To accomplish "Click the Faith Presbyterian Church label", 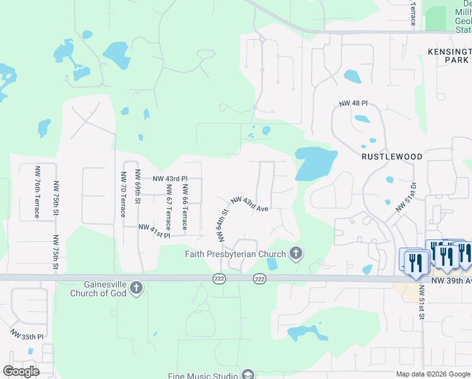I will [x=236, y=255].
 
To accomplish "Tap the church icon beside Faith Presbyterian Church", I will [x=296, y=254].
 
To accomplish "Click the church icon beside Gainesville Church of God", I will [x=136, y=289].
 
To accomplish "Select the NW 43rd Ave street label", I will [x=250, y=204].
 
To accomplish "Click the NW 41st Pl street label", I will [x=154, y=231].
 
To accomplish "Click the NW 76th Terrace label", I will [x=37, y=192].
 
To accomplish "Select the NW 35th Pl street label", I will [x=27, y=334].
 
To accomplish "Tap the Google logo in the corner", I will [x=21, y=371].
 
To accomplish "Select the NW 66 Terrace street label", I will [x=184, y=206].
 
